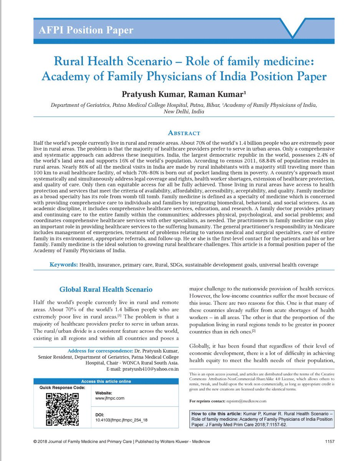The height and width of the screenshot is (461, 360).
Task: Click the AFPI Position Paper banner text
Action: pos(84,30)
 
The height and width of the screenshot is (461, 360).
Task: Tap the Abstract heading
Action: pos(183,133)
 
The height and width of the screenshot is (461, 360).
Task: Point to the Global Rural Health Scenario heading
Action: pos(106,290)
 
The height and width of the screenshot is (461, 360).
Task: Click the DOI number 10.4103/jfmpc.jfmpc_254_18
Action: pos(121,420)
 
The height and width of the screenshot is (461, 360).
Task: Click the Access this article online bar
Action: pos(106,381)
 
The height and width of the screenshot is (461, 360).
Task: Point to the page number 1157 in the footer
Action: pos(329,442)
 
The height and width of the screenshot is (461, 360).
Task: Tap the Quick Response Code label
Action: pos(63,388)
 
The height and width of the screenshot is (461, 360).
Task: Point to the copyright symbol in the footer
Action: pos(35,442)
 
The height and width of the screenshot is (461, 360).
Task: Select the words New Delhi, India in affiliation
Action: pos(184,112)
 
